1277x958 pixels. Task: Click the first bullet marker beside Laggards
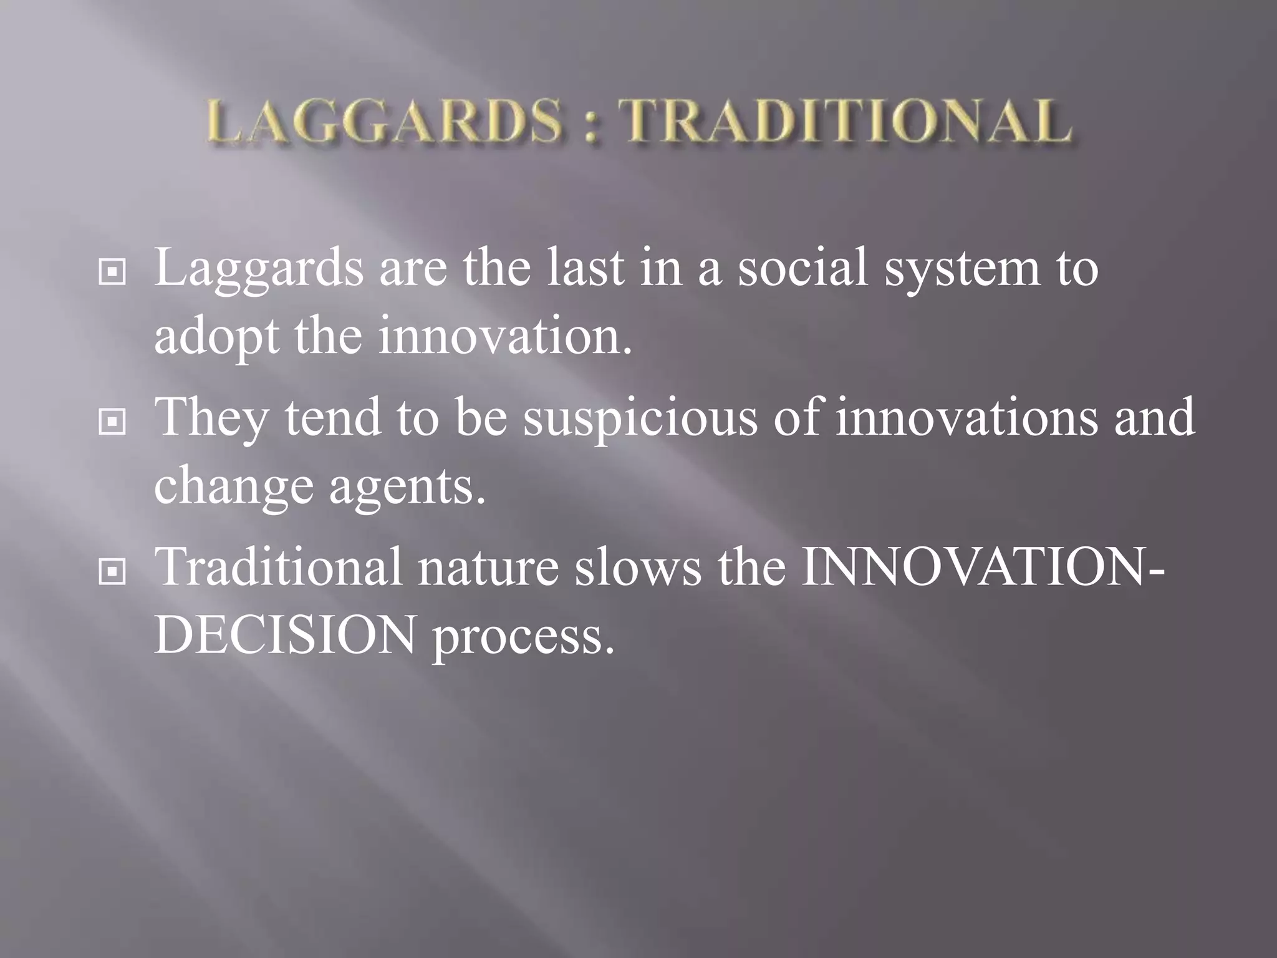tap(112, 273)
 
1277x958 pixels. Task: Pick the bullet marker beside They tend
tap(112, 422)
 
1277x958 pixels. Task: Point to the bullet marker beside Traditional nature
tap(112, 572)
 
